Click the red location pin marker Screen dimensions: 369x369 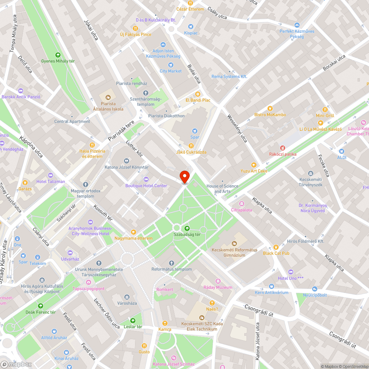tap(184, 176)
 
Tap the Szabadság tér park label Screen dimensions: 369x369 tap(187, 234)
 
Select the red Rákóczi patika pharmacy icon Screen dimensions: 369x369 tap(283, 148)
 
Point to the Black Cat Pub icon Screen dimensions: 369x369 tap(276, 247)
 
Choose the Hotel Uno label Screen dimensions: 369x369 tap(290, 278)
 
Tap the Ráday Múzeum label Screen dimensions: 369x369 tap(218, 287)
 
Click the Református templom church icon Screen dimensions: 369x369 tap(171, 263)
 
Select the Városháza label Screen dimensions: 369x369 tap(127, 303)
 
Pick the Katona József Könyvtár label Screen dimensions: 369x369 tap(127, 167)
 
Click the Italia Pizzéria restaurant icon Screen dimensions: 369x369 tap(92, 145)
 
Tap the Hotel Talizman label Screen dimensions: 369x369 tap(51, 181)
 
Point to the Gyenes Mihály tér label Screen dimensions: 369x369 tap(58, 61)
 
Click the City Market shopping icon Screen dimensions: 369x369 tap(170, 65)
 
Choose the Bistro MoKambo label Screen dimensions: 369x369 tap(270, 114)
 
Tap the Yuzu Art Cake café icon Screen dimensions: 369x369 tap(254, 165)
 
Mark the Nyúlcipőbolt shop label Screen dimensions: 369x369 tap(315, 295)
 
